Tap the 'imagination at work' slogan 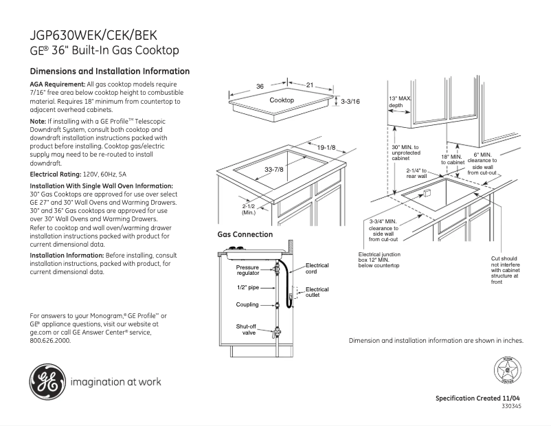115,382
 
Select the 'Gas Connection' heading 245,234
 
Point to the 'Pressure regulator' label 248,270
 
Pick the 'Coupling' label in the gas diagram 248,304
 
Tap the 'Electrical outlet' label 317,292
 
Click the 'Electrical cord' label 317,268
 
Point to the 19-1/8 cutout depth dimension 326,147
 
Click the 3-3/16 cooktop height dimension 350,101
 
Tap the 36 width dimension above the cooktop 260,86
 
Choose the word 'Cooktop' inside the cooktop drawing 282,100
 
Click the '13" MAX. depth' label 401,102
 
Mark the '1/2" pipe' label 248,288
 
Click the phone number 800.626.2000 50,340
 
